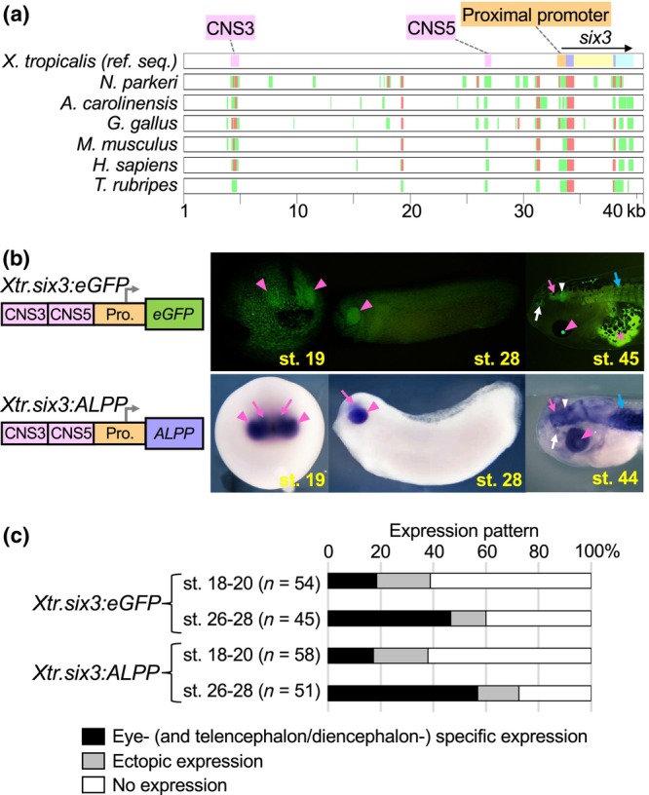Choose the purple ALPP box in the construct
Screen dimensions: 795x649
pyautogui.click(x=172, y=466)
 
